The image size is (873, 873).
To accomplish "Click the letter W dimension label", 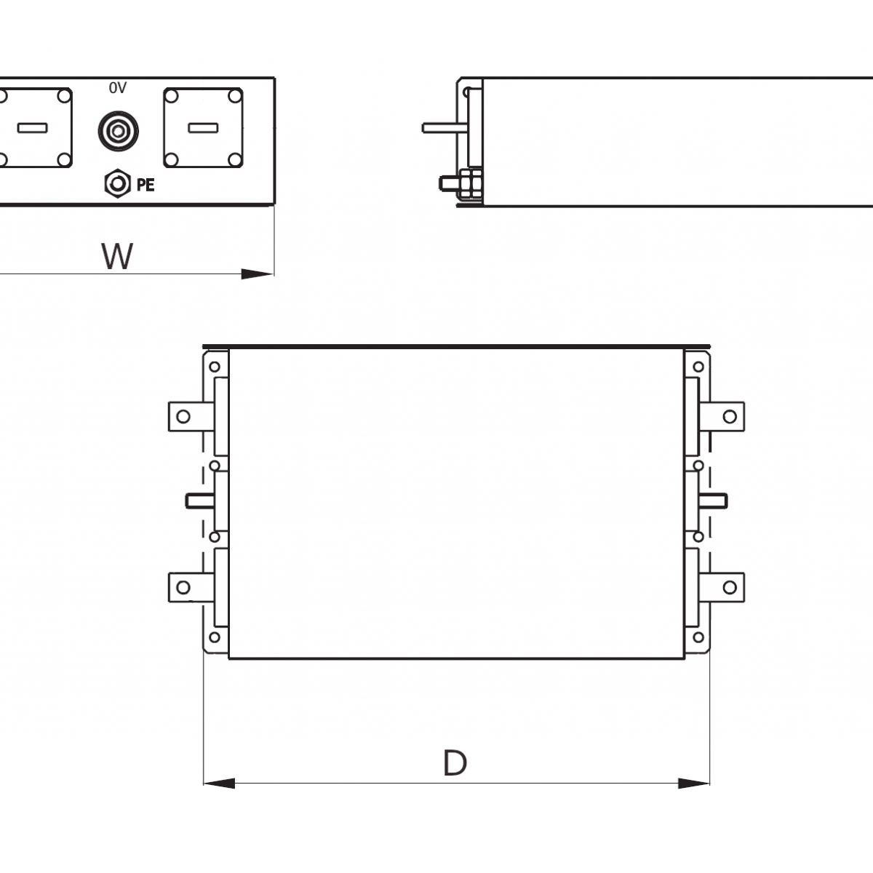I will [x=117, y=256].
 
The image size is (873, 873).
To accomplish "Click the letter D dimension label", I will [x=455, y=763].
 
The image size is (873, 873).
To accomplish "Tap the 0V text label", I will [x=117, y=88].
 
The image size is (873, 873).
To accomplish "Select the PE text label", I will [x=145, y=185].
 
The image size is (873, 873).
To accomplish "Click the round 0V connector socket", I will [x=118, y=131].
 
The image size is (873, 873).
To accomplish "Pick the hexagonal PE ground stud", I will [x=116, y=183].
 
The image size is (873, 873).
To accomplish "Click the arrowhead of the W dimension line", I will [x=257, y=274].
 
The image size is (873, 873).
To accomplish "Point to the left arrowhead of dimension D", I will [x=219, y=784].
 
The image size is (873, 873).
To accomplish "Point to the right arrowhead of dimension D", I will [x=693, y=784].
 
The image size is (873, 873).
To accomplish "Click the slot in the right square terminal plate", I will [x=203, y=128].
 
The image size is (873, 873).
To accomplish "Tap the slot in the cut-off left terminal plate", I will [x=33, y=128].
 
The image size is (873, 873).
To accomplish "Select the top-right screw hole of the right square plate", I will [x=234, y=96].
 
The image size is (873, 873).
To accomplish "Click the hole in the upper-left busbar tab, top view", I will [x=183, y=417].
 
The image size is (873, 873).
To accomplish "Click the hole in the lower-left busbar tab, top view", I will [x=183, y=587].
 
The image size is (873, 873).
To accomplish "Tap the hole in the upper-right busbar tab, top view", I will [x=729, y=417].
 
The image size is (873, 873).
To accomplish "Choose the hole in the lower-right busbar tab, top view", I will [x=729, y=587].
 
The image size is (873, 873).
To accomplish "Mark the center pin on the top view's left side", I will [x=198, y=501].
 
